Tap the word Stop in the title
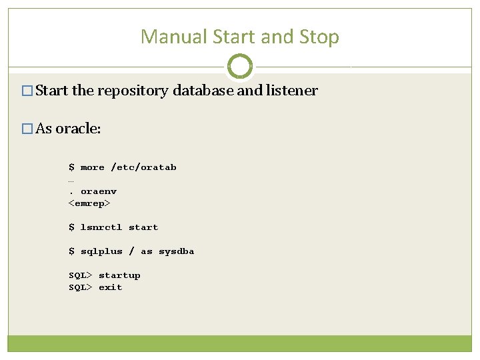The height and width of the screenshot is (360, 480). click(x=320, y=37)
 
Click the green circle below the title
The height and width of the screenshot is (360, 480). click(x=240, y=66)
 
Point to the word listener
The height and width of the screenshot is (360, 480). click(x=291, y=91)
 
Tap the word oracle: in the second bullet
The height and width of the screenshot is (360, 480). click(x=78, y=129)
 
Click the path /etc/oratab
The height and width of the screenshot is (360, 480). click(x=143, y=167)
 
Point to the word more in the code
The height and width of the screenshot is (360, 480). click(x=93, y=167)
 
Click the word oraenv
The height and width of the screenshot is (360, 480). click(x=99, y=191)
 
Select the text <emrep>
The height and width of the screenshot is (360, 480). click(x=89, y=203)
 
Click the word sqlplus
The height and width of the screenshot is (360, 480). click(x=101, y=251)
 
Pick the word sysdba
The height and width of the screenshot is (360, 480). click(x=176, y=251)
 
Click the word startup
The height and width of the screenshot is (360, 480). click(x=119, y=275)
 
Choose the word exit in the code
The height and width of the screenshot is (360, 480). click(x=111, y=287)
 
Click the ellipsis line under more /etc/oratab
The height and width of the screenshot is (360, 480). click(x=71, y=180)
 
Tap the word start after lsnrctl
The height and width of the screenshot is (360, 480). click(x=143, y=227)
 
